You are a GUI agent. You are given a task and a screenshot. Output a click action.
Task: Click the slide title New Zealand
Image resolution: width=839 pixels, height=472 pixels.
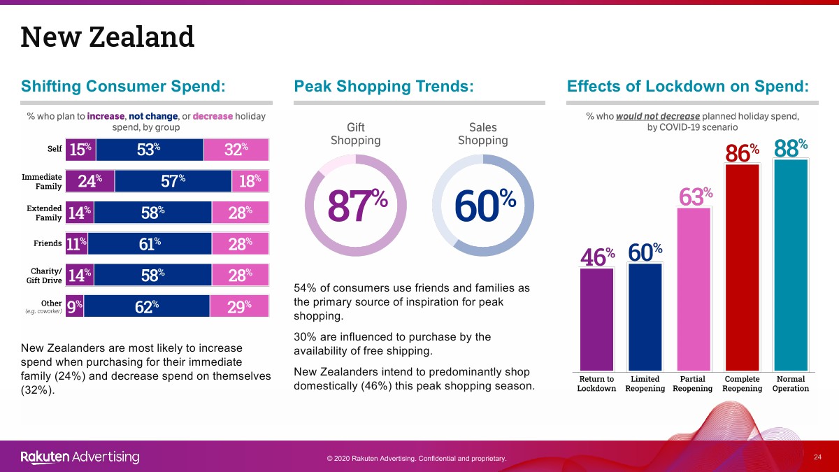[x=107, y=37]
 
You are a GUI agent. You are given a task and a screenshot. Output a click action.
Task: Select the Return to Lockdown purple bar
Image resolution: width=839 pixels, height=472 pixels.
[x=597, y=319]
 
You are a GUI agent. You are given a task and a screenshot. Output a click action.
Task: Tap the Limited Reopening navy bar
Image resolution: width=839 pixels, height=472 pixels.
[x=645, y=317]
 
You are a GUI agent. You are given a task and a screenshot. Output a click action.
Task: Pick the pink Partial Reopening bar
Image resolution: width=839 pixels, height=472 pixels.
[x=694, y=289]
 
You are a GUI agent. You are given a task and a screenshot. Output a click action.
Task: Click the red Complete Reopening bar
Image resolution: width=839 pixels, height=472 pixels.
[x=742, y=267]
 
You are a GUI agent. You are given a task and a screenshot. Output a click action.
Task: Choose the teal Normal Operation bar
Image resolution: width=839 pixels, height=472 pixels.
[x=791, y=265]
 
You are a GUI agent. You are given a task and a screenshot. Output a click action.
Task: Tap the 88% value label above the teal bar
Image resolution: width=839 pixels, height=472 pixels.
[x=791, y=148]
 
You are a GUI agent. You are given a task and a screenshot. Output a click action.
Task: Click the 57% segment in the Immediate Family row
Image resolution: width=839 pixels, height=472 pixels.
[x=173, y=181]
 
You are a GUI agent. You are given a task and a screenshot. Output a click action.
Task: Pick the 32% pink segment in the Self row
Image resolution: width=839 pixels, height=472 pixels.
[x=236, y=150]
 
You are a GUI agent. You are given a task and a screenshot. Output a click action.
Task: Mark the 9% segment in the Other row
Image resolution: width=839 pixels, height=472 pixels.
[x=74, y=306]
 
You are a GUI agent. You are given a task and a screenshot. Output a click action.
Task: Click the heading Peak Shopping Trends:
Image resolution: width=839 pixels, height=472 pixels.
[x=384, y=86]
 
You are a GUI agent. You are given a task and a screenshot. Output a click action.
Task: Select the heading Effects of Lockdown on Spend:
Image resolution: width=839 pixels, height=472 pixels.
[x=688, y=86]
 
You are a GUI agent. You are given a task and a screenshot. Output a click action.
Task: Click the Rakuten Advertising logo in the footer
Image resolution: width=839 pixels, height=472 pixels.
[x=80, y=457]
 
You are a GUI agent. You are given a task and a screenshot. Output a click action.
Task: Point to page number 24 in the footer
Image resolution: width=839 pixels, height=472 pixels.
[x=817, y=457]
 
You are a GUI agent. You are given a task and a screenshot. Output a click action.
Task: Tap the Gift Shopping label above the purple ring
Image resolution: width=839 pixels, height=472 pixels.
[x=355, y=134]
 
